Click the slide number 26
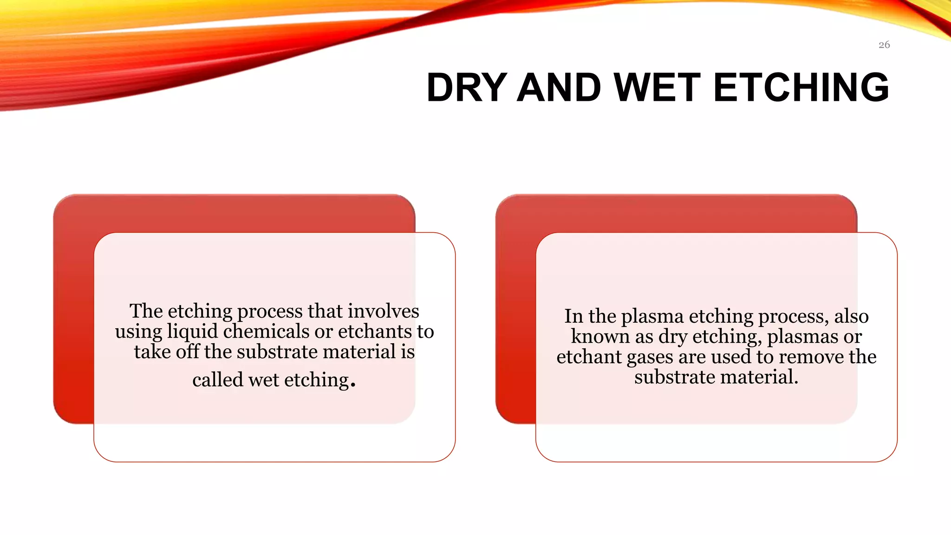coord(884,45)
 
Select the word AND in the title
coord(559,87)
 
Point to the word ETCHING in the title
coord(801,87)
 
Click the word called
coord(217,380)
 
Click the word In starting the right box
coord(573,316)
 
